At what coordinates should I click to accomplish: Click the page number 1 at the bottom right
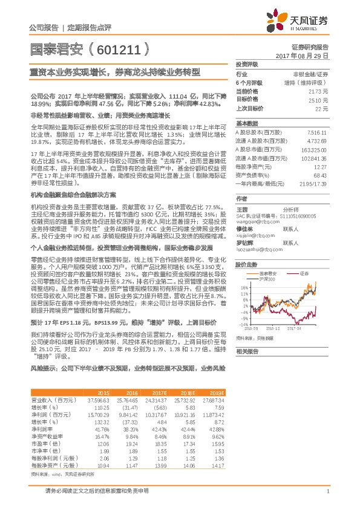(x=327, y=491)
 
